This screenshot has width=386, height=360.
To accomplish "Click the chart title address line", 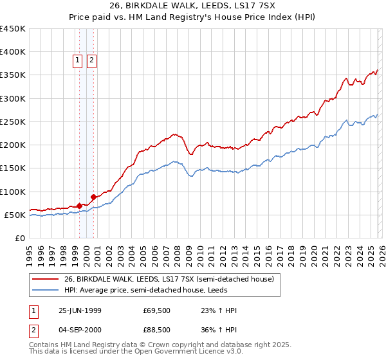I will click(193, 6).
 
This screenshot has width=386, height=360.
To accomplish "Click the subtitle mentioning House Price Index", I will click(193, 17).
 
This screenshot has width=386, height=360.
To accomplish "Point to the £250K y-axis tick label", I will click(13, 122).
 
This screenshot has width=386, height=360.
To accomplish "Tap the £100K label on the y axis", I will click(13, 192).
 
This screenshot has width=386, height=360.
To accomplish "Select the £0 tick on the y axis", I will click(19, 239).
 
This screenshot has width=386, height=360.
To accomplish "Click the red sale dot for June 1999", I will click(80, 206).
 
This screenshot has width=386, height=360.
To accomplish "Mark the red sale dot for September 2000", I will click(93, 197).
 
